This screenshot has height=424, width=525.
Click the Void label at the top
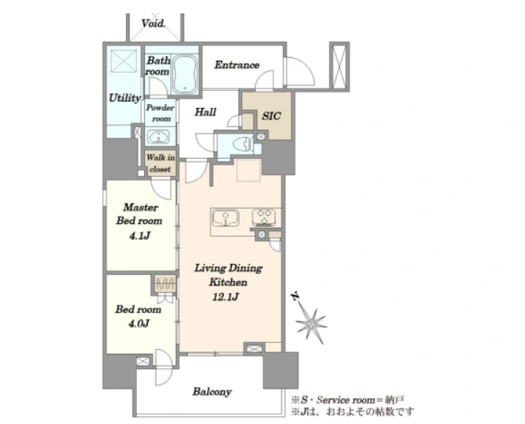(x=153, y=23)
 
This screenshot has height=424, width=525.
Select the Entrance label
(x=236, y=65)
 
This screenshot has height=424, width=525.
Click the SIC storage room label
(x=271, y=116)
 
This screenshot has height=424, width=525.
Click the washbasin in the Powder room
(x=158, y=138)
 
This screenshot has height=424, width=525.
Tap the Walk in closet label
(x=160, y=163)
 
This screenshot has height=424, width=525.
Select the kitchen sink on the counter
(x=226, y=218)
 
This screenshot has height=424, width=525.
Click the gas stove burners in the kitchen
(x=264, y=217)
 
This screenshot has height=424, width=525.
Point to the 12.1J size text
(x=226, y=296)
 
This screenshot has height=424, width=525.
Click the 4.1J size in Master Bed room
(x=140, y=236)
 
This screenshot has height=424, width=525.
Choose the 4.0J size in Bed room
(x=139, y=323)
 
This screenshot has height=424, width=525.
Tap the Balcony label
(x=212, y=391)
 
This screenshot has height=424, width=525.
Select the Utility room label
(x=125, y=98)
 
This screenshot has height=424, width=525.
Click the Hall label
(x=205, y=112)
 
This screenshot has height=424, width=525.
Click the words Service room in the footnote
(x=346, y=400)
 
